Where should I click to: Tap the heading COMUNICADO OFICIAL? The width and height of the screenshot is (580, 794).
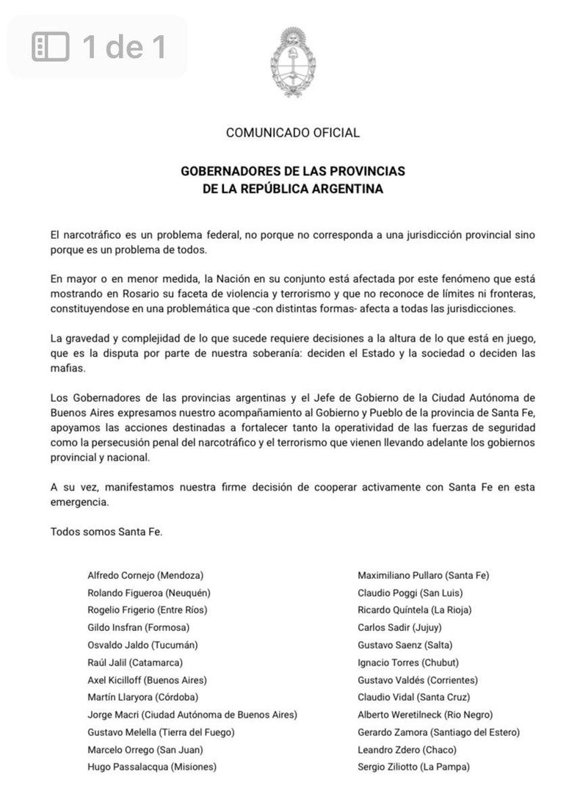pyautogui.click(x=293, y=133)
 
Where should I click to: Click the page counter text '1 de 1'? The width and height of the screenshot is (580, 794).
pyautogui.click(x=124, y=47)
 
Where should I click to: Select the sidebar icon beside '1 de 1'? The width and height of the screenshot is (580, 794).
pyautogui.click(x=51, y=47)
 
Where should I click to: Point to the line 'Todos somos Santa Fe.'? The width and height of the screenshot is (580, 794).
pyautogui.click(x=106, y=531)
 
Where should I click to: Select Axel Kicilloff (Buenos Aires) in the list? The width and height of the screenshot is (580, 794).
pyautogui.click(x=147, y=679)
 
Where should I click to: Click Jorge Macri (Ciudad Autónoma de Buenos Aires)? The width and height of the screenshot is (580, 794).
pyautogui.click(x=192, y=714)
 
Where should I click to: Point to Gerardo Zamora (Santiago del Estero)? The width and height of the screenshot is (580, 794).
pyautogui.click(x=438, y=732)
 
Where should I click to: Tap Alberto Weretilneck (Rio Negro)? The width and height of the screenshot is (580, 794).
pyautogui.click(x=425, y=714)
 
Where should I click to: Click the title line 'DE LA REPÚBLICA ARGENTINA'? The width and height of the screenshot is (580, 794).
pyautogui.click(x=293, y=189)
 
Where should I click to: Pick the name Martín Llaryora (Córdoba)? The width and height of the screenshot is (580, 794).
pyautogui.click(x=142, y=697)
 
